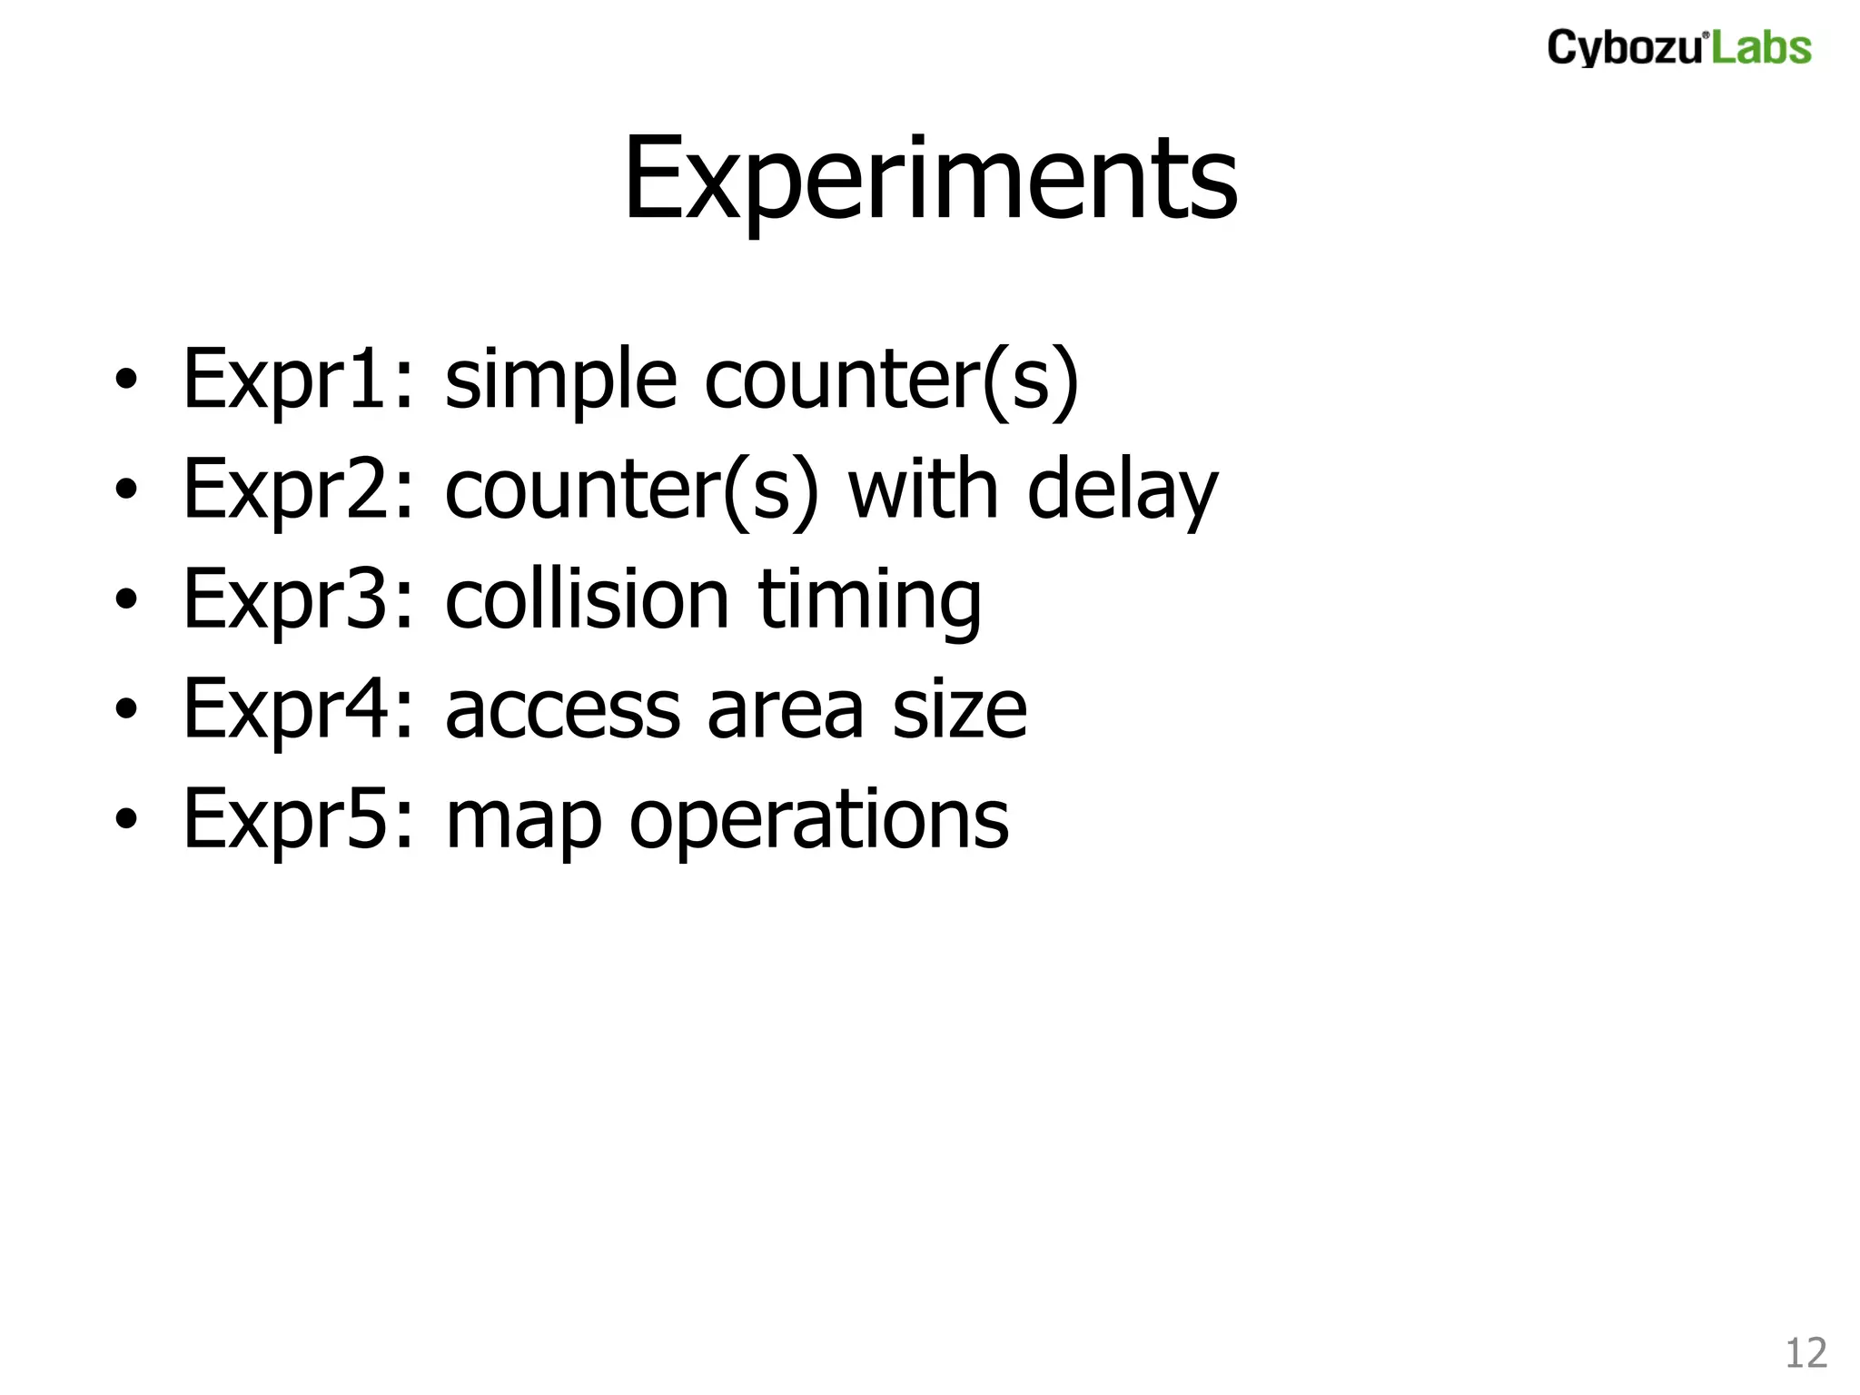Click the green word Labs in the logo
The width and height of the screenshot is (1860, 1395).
pos(1761,47)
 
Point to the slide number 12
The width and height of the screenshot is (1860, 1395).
pos(1806,1353)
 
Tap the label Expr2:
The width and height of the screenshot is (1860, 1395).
pos(299,490)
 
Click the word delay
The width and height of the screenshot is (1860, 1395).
pos(1122,491)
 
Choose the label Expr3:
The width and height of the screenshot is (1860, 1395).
pos(299,599)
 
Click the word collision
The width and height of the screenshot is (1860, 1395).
pos(587,599)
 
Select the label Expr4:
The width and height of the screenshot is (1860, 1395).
pos(299,709)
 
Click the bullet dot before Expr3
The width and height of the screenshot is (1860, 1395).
pos(126,599)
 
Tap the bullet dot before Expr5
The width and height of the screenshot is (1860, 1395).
pos(126,818)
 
